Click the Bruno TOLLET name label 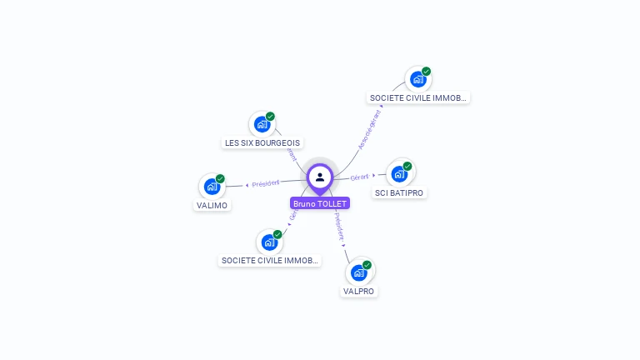320,203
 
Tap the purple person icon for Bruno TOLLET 320,177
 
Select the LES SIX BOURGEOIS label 262,142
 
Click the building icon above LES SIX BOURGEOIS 262,124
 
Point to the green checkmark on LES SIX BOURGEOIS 271,117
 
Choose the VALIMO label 212,205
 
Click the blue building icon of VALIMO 212,187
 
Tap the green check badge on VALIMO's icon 221,179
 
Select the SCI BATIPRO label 399,192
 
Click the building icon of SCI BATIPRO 399,173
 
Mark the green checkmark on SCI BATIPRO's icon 407,166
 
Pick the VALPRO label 359,292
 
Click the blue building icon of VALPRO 359,272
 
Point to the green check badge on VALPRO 367,265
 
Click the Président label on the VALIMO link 266,183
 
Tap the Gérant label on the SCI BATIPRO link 360,177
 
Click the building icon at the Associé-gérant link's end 417,79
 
